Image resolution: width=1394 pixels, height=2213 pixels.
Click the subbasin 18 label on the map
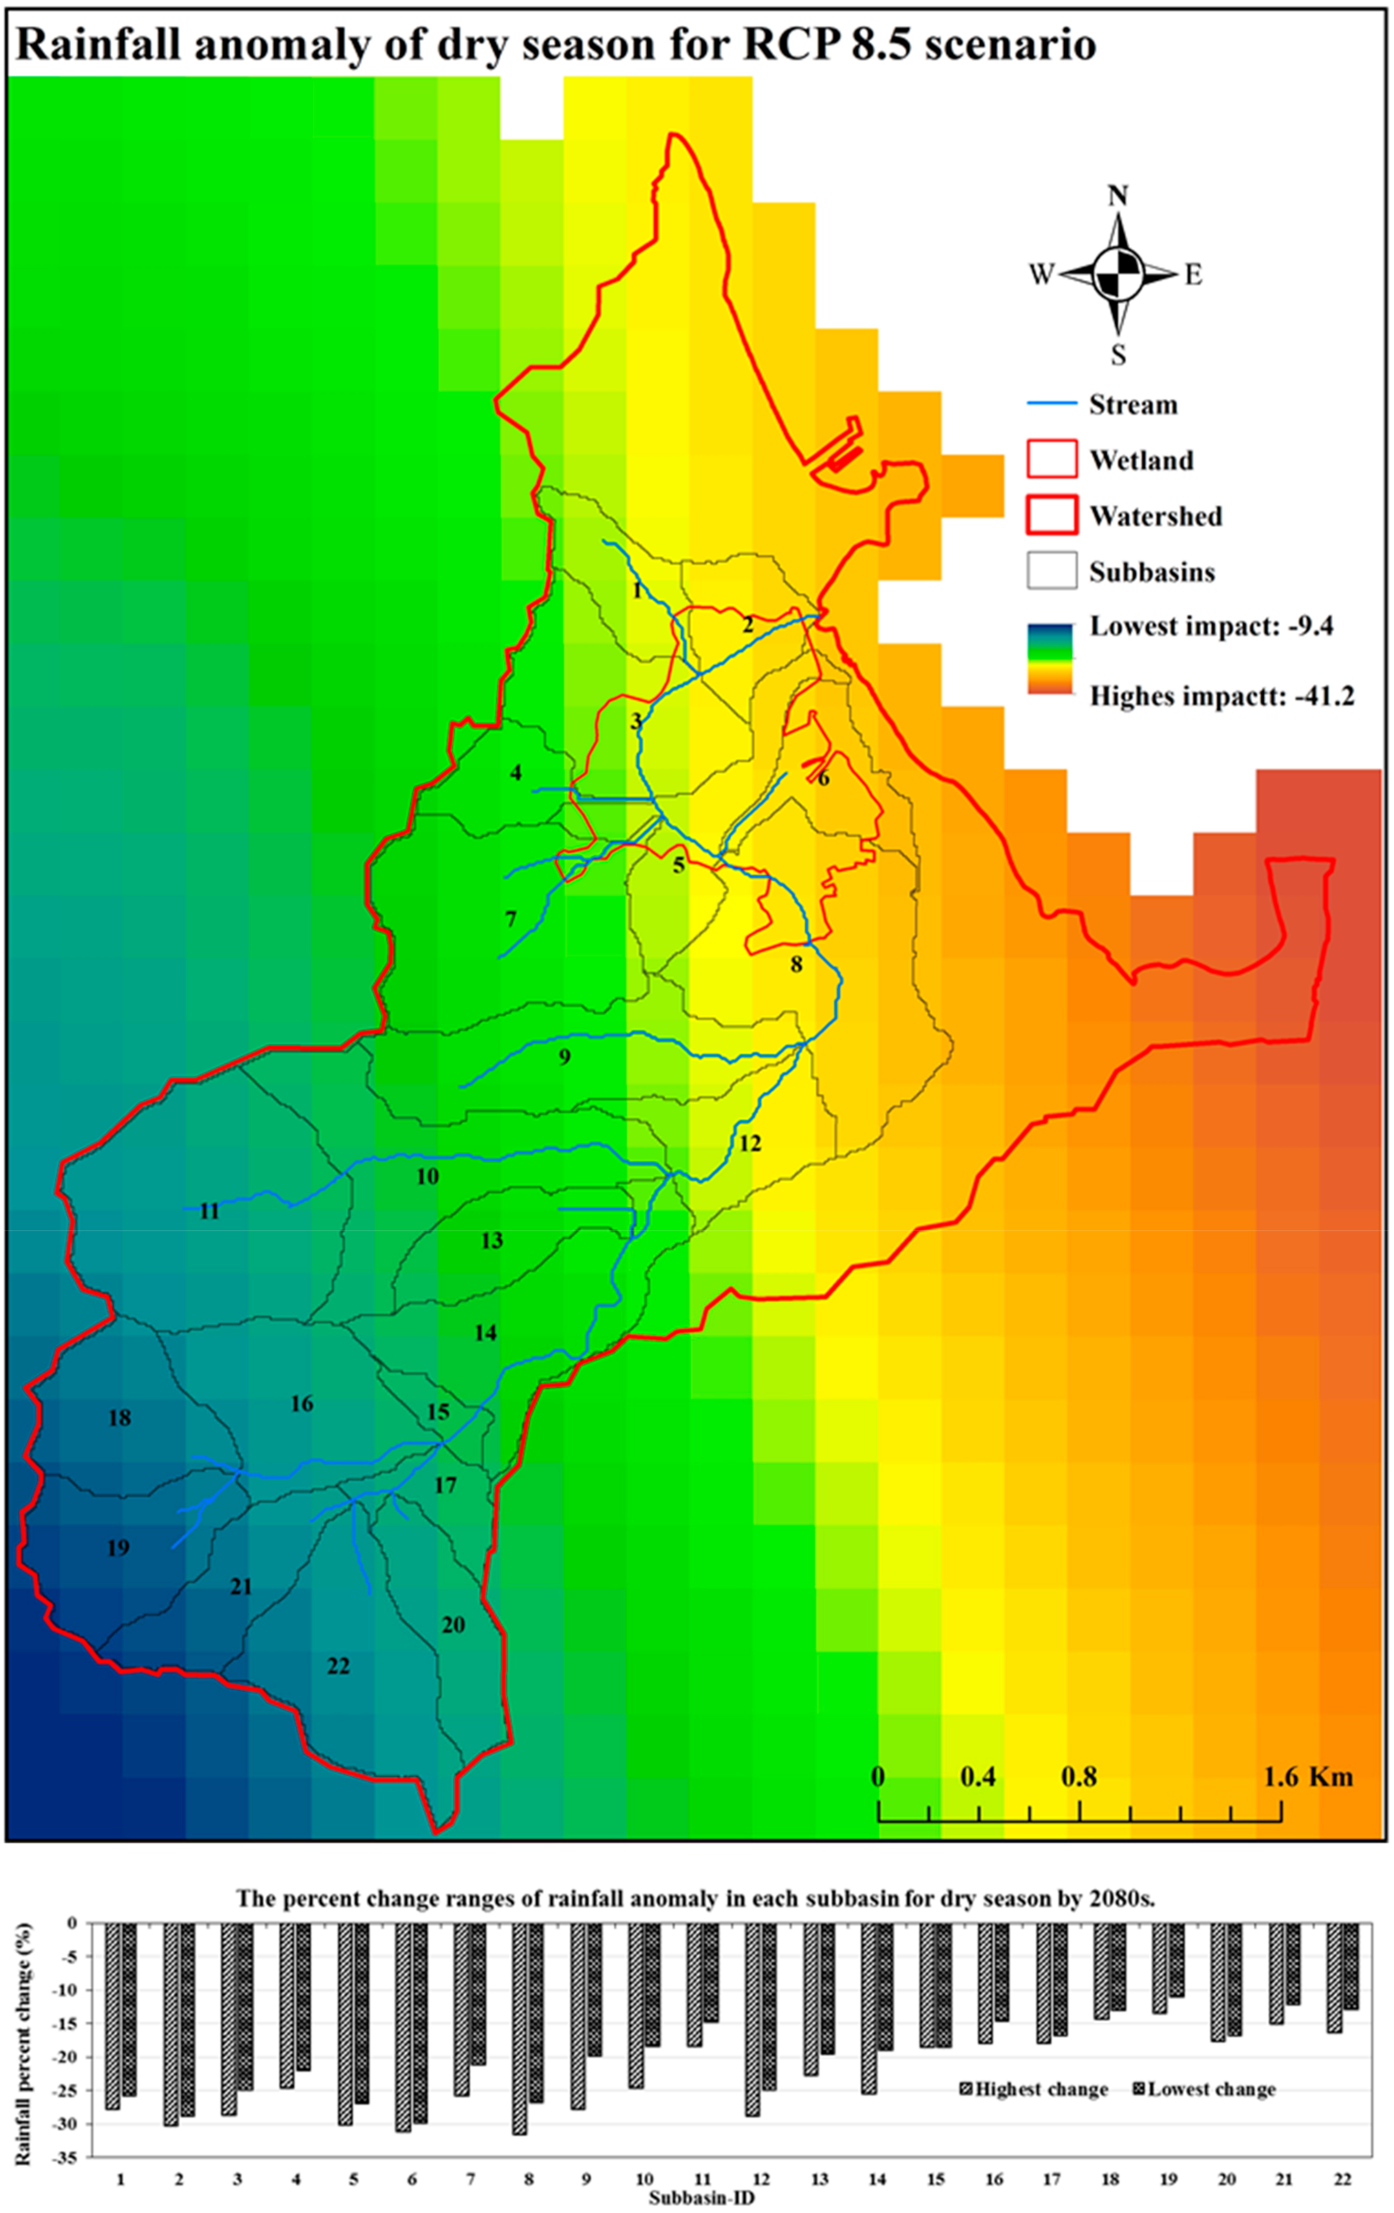pyautogui.click(x=120, y=1418)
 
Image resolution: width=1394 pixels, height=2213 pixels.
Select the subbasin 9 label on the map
pyautogui.click(x=564, y=1057)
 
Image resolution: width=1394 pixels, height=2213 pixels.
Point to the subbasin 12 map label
pyautogui.click(x=750, y=1143)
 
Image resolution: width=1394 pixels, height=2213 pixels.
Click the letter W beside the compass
pyautogui.click(x=1041, y=275)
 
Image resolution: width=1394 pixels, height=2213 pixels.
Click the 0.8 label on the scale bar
pyautogui.click(x=1079, y=1777)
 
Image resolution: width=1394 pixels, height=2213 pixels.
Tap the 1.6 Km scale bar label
pyautogui.click(x=1308, y=1777)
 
